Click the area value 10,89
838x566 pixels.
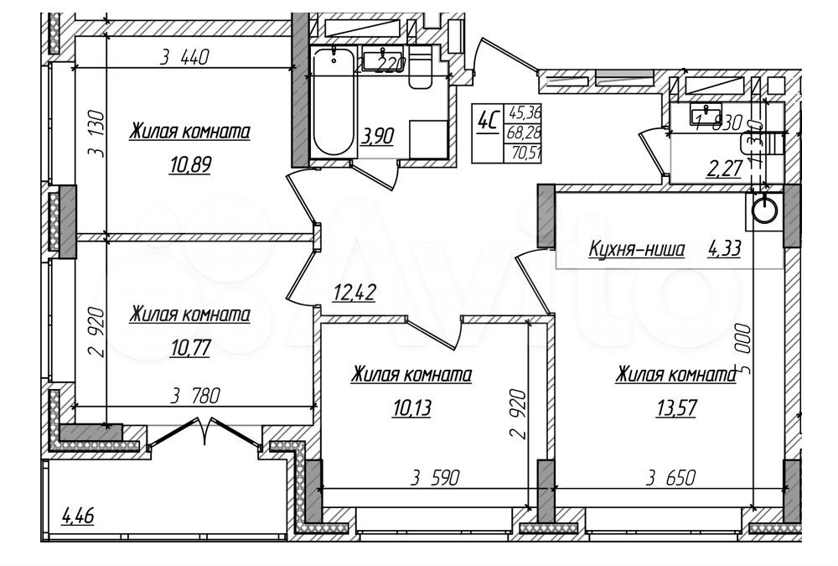click(189, 165)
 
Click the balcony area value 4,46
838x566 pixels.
click(78, 515)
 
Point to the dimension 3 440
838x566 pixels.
click(184, 58)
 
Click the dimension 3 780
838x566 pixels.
click(195, 397)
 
